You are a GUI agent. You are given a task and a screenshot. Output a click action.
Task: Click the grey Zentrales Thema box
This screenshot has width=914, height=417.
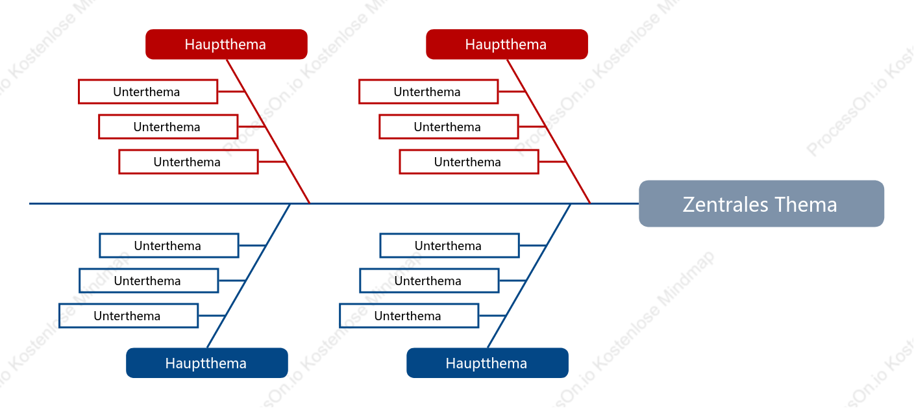761,203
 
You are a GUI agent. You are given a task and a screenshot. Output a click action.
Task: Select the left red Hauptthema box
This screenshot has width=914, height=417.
227,44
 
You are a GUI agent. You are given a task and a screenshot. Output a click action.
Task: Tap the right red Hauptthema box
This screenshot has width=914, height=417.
507,44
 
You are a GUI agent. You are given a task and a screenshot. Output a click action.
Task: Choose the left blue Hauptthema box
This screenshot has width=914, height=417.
207,362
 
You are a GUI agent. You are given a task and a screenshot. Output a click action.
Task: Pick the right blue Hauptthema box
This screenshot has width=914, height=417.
488,362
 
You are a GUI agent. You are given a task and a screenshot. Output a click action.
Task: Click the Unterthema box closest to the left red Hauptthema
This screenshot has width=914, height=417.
148,92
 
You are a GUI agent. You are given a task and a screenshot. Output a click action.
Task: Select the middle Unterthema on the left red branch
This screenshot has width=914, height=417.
168,127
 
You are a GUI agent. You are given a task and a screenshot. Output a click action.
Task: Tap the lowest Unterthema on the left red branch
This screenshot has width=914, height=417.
188,162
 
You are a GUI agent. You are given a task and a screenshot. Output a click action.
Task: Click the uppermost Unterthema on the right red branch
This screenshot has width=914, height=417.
428,92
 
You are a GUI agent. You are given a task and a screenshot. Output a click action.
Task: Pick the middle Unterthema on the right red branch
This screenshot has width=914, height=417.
449,127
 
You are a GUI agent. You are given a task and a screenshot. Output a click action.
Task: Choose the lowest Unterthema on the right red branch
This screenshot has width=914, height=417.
469,162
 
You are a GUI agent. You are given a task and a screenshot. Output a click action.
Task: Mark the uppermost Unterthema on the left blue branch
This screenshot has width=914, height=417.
169,246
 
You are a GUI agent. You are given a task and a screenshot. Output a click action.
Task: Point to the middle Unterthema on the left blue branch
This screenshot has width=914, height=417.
149,281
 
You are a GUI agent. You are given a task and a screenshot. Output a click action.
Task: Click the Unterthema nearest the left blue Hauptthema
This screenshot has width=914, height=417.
129,316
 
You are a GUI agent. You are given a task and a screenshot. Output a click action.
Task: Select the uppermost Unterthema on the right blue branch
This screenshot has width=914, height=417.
450,246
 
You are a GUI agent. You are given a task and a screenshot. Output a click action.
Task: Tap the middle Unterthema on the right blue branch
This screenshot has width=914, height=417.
429,281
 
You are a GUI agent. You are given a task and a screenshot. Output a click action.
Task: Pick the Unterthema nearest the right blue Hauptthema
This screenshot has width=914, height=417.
409,316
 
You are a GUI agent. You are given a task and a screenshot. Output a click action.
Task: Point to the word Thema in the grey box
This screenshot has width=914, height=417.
806,204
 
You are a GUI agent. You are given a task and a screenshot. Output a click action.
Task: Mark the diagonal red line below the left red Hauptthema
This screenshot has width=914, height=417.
268,131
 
